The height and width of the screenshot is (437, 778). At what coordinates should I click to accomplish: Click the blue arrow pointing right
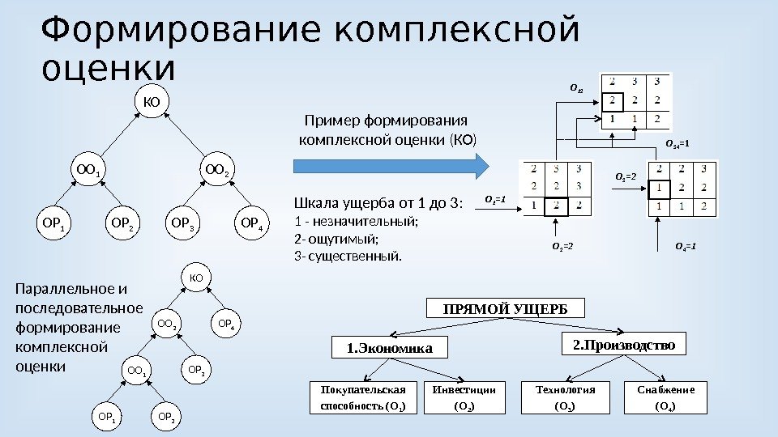390,166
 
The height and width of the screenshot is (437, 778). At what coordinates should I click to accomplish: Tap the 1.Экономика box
385,348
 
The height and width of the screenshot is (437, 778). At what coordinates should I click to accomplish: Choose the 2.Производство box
624,345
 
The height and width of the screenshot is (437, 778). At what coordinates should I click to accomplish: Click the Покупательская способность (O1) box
363,397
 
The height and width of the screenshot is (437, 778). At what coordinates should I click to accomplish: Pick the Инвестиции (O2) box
464,397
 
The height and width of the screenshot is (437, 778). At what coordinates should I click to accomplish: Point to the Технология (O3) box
566,397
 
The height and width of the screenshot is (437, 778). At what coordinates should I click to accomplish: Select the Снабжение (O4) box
666,397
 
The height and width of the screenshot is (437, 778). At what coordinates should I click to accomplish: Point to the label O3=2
626,176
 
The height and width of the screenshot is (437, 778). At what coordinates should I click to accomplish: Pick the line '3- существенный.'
348,257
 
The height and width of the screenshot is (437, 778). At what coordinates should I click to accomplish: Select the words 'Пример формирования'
381,121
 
